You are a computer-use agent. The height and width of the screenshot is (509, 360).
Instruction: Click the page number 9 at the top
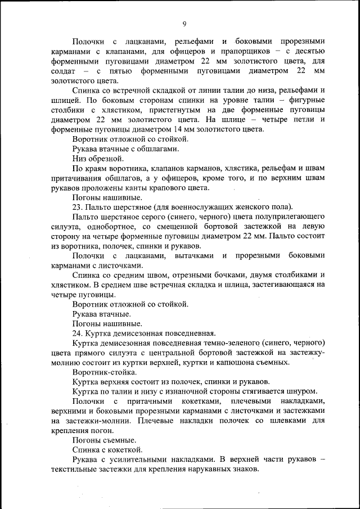point(184,23)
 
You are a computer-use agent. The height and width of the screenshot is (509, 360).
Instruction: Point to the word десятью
point(310,51)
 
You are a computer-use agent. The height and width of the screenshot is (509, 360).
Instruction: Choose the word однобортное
point(107,227)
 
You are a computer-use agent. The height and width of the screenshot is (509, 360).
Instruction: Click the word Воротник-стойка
point(103,372)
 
